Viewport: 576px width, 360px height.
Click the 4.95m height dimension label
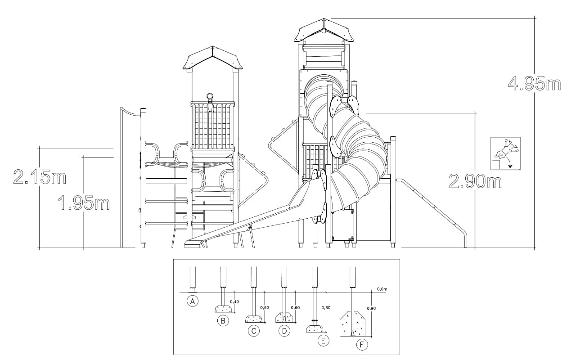tap(534, 84)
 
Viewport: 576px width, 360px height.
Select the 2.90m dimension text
tap(475, 181)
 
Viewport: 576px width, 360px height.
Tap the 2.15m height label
tap(40, 176)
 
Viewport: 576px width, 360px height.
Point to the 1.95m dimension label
tap(84, 202)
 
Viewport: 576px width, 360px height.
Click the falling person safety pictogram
tap(505, 153)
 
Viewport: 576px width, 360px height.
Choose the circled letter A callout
tap(193, 301)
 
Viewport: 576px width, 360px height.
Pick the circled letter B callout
tap(223, 321)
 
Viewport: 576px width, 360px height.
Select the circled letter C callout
tap(254, 331)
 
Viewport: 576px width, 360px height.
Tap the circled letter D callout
tap(284, 331)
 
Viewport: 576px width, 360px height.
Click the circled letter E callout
tap(324, 341)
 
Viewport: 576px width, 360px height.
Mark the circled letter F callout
tap(362, 345)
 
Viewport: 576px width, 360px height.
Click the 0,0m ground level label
tap(382, 289)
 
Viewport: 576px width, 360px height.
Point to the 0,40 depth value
tap(234, 301)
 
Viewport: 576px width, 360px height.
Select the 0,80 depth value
tap(326, 307)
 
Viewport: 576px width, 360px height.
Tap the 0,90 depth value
tap(371, 308)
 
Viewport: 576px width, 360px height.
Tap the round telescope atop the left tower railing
tap(210, 97)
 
